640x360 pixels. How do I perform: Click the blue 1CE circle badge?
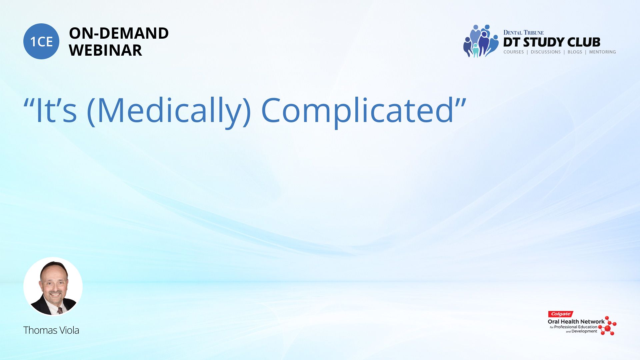(x=41, y=41)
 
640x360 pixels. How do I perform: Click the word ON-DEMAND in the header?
(x=119, y=33)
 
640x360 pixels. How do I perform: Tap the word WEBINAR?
(x=105, y=50)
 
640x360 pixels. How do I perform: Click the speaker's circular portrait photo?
(x=53, y=286)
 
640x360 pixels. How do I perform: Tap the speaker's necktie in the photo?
(x=60, y=311)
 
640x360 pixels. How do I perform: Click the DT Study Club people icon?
(x=481, y=41)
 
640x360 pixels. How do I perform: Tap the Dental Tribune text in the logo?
(x=523, y=33)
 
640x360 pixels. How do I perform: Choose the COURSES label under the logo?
(x=514, y=52)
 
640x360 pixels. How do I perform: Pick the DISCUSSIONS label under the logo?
(x=546, y=52)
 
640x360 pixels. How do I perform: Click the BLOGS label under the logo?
(x=575, y=52)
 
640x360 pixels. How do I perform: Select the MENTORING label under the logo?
(x=602, y=52)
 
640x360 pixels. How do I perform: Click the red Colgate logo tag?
(x=561, y=314)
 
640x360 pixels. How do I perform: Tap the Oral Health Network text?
(x=576, y=322)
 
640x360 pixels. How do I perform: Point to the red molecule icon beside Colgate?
(x=608, y=326)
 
